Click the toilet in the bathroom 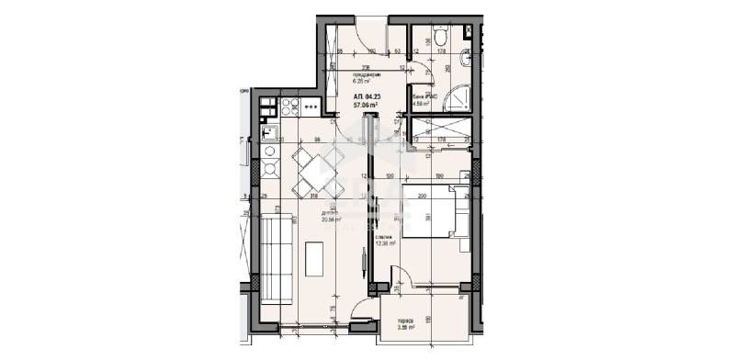point(440,37)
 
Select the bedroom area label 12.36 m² point(385,242)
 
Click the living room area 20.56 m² point(331,219)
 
